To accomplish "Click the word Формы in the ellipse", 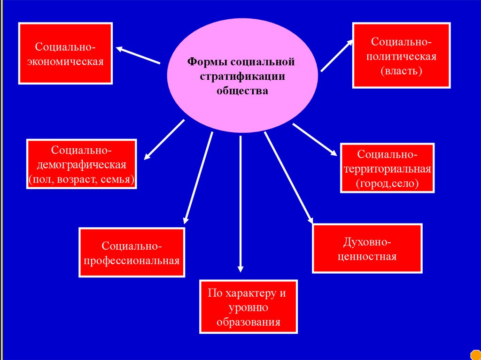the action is (202, 62).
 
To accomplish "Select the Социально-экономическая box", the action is (65, 54).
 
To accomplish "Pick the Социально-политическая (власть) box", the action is (401, 56).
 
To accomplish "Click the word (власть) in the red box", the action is (402, 71).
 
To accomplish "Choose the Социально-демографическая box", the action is (82, 164).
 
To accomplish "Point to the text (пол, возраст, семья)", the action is (82, 179).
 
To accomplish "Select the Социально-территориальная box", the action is (387, 168).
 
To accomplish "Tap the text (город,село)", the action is (387, 183).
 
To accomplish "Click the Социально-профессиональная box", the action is (132, 252).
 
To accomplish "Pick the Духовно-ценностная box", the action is (367, 248).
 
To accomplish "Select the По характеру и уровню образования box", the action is (248, 307).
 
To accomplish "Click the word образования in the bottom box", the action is (248, 322).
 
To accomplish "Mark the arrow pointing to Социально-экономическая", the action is (138, 55).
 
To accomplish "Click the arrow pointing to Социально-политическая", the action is (336, 55).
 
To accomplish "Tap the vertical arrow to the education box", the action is (240, 202).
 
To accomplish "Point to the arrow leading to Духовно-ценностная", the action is (288, 176).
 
